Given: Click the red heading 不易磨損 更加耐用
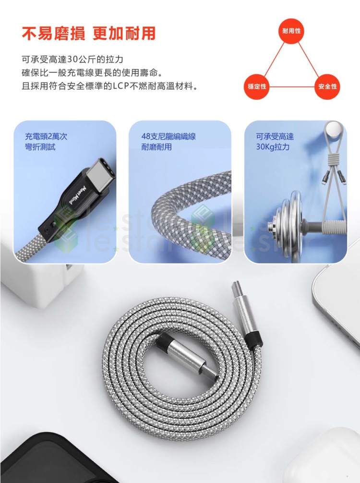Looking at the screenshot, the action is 89,34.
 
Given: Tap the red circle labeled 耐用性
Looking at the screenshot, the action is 291,31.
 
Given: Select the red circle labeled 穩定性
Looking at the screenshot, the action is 257,86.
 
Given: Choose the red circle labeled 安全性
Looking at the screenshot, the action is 327,86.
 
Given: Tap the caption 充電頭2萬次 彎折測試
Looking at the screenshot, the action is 46,142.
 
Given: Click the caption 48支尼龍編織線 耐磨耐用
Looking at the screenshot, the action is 168,142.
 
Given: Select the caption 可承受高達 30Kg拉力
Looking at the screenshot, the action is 275,142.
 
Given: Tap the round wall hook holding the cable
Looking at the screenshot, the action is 334,130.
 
